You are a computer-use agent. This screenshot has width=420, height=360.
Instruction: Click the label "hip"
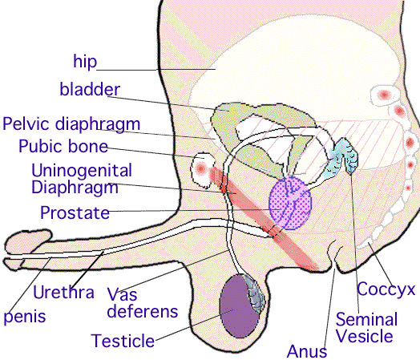[85, 63]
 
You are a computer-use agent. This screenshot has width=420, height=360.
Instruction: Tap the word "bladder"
[90, 89]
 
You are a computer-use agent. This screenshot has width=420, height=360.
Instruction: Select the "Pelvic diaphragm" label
[71, 124]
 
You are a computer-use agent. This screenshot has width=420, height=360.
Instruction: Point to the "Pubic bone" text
[63, 146]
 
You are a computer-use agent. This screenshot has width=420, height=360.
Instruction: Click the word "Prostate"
[75, 212]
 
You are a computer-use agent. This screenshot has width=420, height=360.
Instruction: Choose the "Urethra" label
[63, 292]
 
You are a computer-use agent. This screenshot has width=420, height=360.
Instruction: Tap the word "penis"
[25, 317]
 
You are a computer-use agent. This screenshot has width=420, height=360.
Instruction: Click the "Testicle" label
[123, 341]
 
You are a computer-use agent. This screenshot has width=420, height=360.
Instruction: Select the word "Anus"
[307, 351]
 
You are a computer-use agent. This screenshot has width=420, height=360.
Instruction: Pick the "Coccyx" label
[386, 290]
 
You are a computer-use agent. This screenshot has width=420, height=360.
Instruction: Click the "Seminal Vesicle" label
[365, 328]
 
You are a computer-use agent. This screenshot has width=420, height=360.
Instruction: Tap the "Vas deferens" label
[142, 303]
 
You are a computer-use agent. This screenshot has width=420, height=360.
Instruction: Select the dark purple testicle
[238, 306]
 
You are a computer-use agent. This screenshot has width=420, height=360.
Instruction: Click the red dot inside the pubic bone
[200, 168]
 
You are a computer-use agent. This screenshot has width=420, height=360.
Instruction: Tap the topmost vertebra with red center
[385, 95]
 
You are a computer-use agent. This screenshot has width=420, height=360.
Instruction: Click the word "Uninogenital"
[82, 170]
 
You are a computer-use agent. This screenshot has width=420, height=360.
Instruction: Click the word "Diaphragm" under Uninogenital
[75, 188]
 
